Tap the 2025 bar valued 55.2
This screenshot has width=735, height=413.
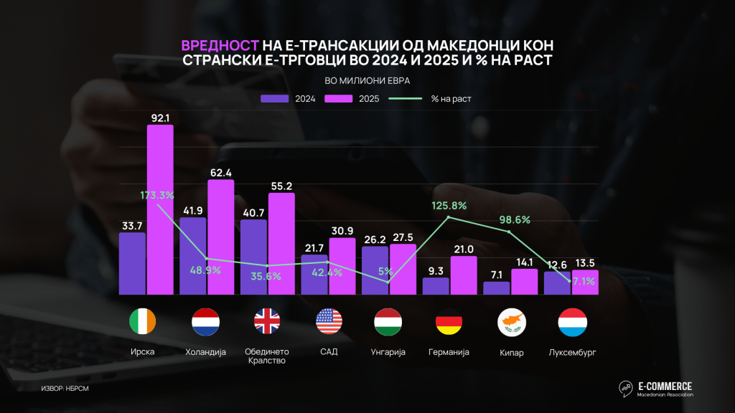point(281,243)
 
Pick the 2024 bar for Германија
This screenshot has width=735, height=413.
point(436,285)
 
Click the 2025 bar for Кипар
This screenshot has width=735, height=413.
point(524,281)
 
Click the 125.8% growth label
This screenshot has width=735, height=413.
point(449,206)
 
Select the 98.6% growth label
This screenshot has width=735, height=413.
point(510,219)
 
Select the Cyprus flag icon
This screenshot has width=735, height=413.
point(510,323)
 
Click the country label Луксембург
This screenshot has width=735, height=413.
point(572,352)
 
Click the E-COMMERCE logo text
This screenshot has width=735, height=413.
point(665,385)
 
